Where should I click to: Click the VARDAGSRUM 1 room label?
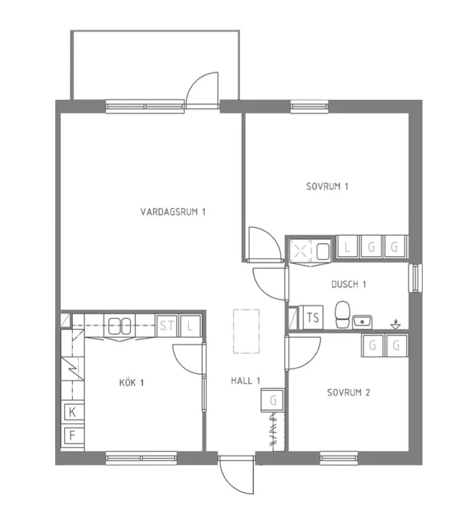click(173, 212)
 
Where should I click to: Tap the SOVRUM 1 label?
click(327, 187)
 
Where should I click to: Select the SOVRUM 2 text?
click(349, 392)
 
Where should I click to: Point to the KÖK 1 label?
click(131, 382)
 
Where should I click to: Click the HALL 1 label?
click(245, 380)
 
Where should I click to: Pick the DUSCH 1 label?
click(349, 284)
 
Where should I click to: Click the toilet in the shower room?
click(343, 314)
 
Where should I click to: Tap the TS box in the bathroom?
click(312, 317)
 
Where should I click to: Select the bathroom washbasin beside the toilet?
click(362, 322)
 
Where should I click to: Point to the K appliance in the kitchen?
click(73, 412)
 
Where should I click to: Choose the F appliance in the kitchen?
click(73, 435)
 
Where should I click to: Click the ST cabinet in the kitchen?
click(167, 326)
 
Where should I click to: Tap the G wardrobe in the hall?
click(272, 400)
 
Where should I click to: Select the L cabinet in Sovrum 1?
click(347, 247)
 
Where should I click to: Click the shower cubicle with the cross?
click(301, 251)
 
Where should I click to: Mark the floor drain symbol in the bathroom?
click(395, 325)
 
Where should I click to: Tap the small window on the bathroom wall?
click(416, 278)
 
